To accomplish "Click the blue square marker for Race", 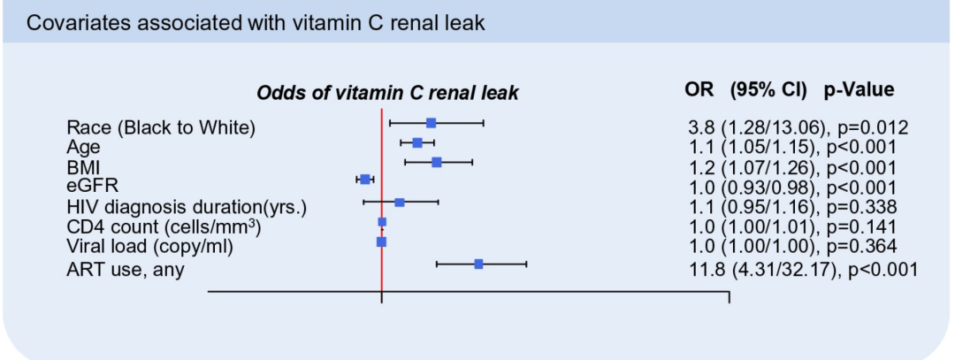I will click(x=431, y=123).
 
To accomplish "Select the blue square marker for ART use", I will click(x=478, y=264).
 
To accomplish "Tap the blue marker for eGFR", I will click(x=364, y=180).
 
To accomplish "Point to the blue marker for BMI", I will click(x=436, y=162).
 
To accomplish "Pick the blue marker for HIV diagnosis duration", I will click(x=399, y=203).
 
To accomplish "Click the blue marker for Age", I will click(x=417, y=142).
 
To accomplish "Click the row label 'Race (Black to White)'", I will click(x=161, y=127).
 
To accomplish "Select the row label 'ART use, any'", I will click(x=126, y=270).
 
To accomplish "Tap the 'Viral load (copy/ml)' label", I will click(x=149, y=246).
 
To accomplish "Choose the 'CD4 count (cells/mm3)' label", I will click(x=164, y=226).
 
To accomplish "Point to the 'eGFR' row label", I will click(x=93, y=186).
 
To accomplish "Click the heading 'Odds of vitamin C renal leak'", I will click(x=387, y=92).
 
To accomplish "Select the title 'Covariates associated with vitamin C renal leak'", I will click(x=256, y=23).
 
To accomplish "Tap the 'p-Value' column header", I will click(x=859, y=89).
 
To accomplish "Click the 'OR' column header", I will click(x=700, y=89).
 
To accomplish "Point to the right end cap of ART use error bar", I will click(x=526, y=264).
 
